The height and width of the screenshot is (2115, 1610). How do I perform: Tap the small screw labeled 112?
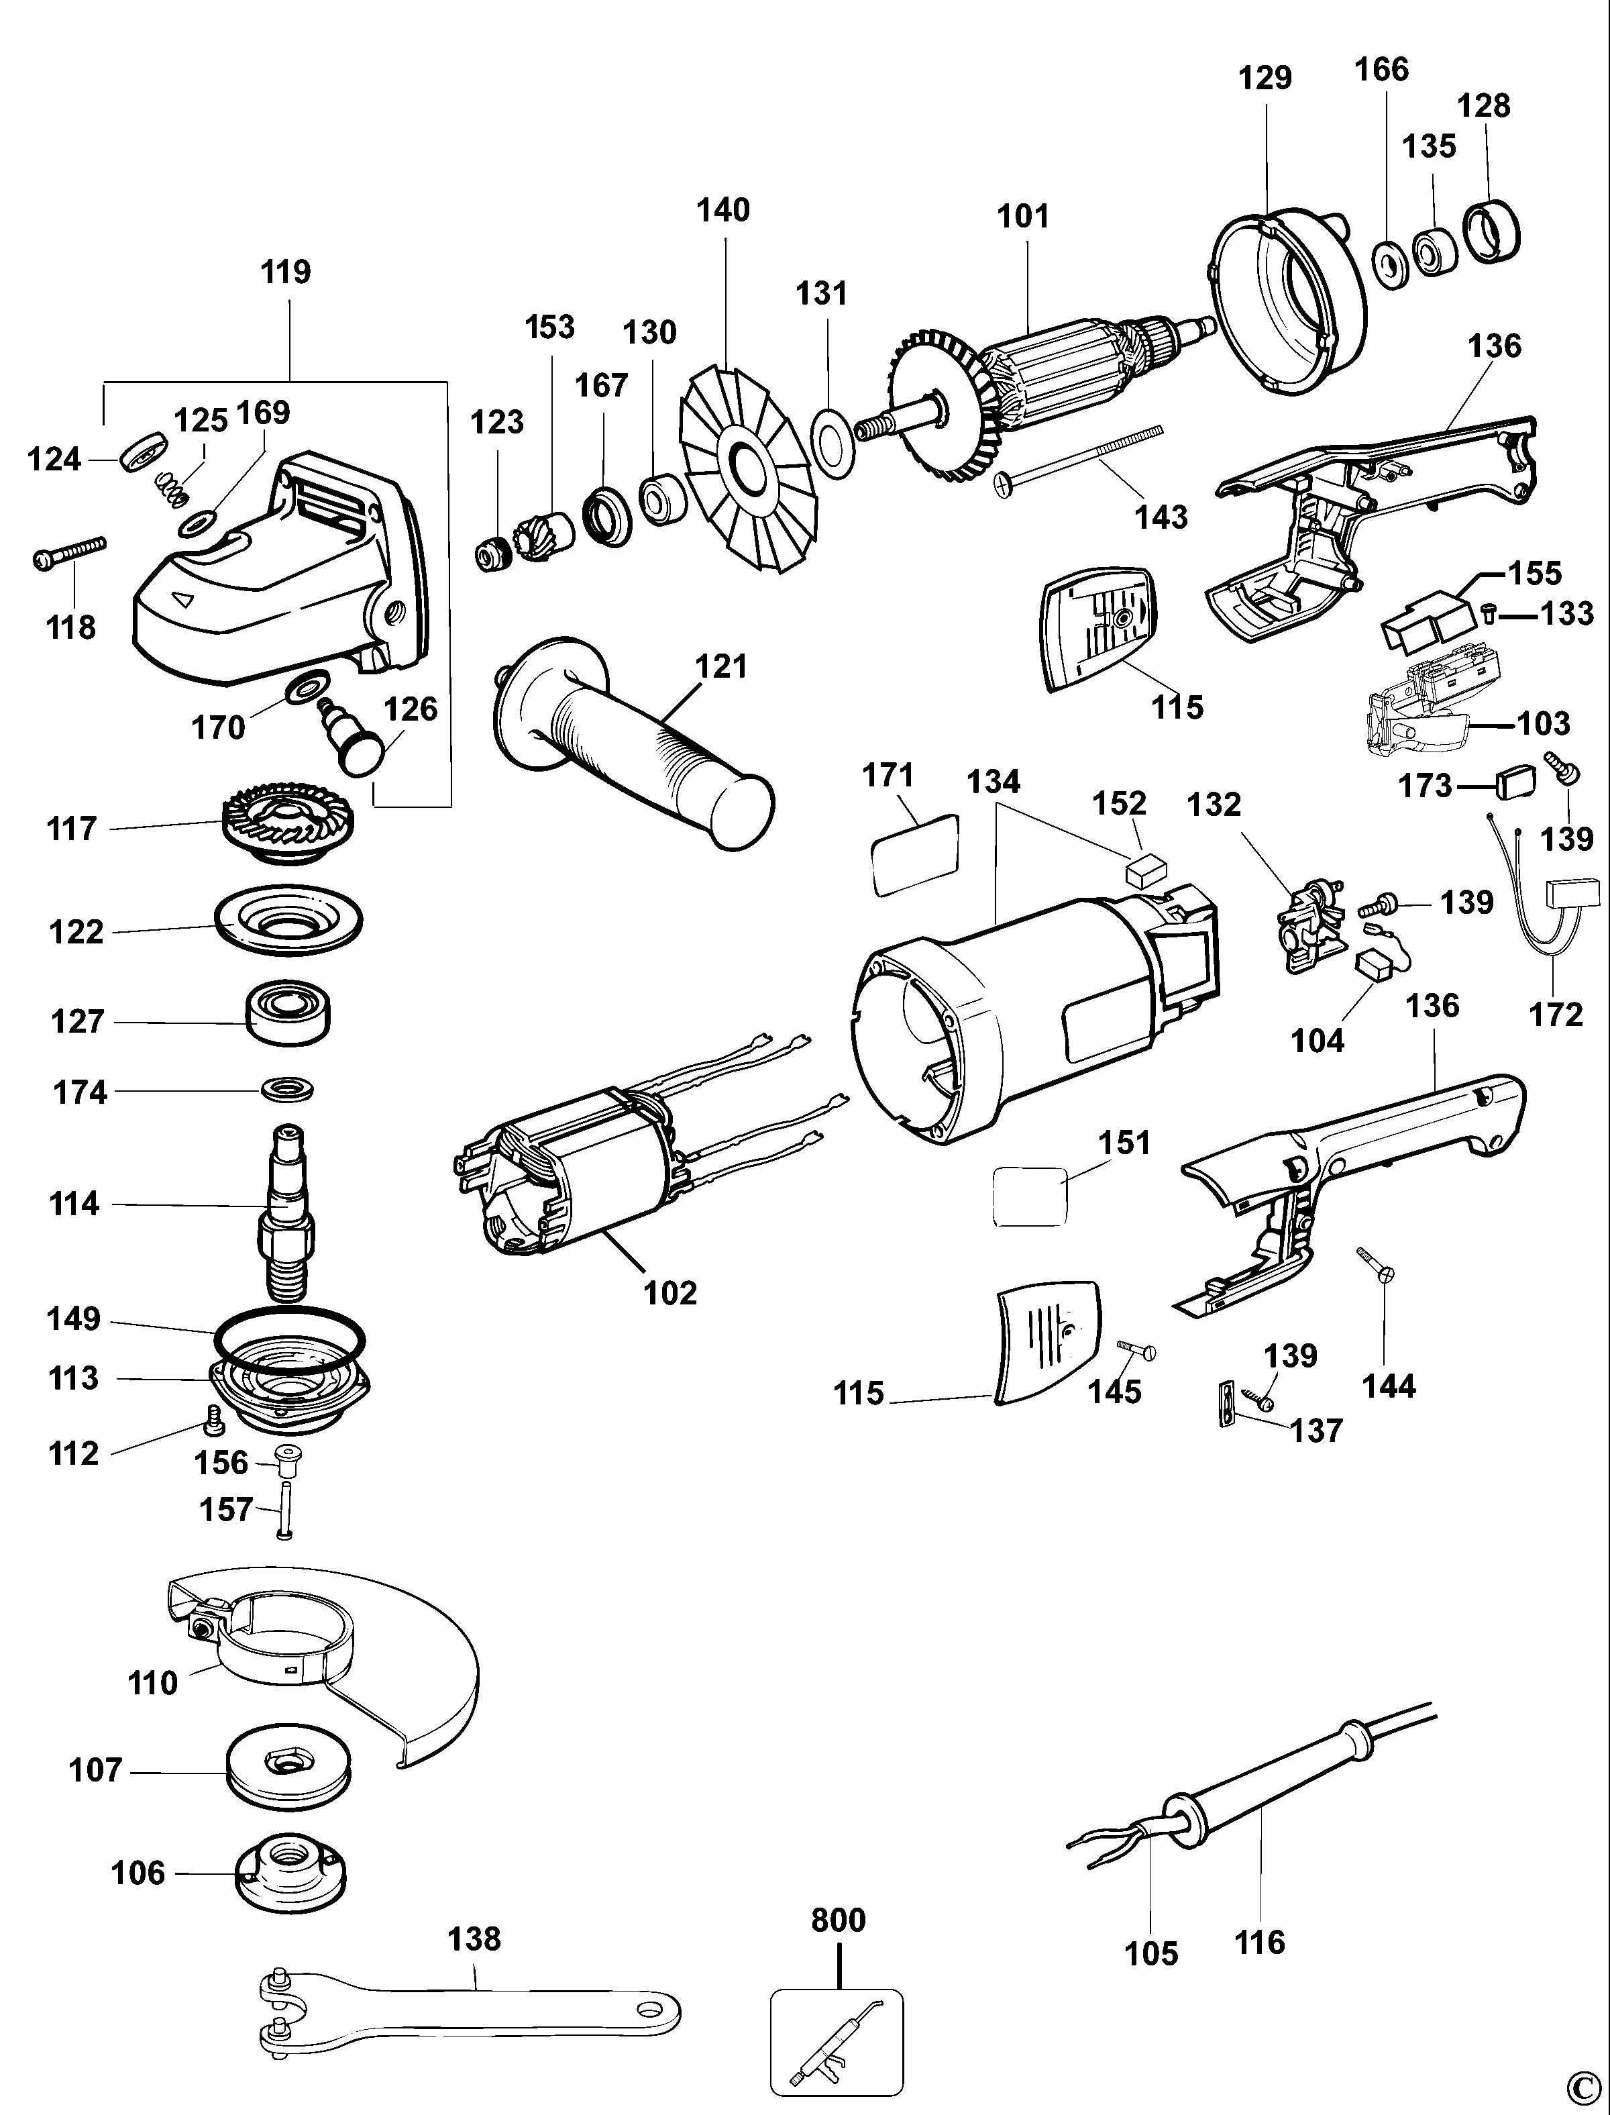tap(213, 1421)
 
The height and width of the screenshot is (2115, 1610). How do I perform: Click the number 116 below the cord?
tap(1259, 1943)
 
